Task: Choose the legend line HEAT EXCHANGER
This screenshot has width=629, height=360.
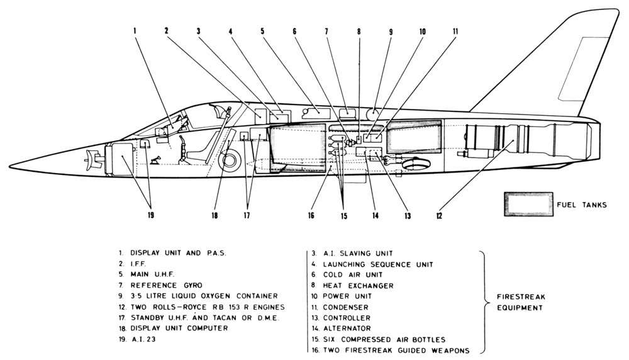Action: tap(358, 286)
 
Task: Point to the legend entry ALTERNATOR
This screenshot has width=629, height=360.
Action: tap(347, 328)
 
